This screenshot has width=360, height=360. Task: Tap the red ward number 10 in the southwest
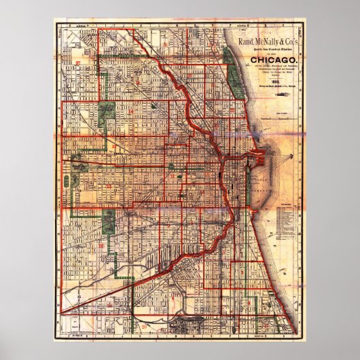click(101, 246)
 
